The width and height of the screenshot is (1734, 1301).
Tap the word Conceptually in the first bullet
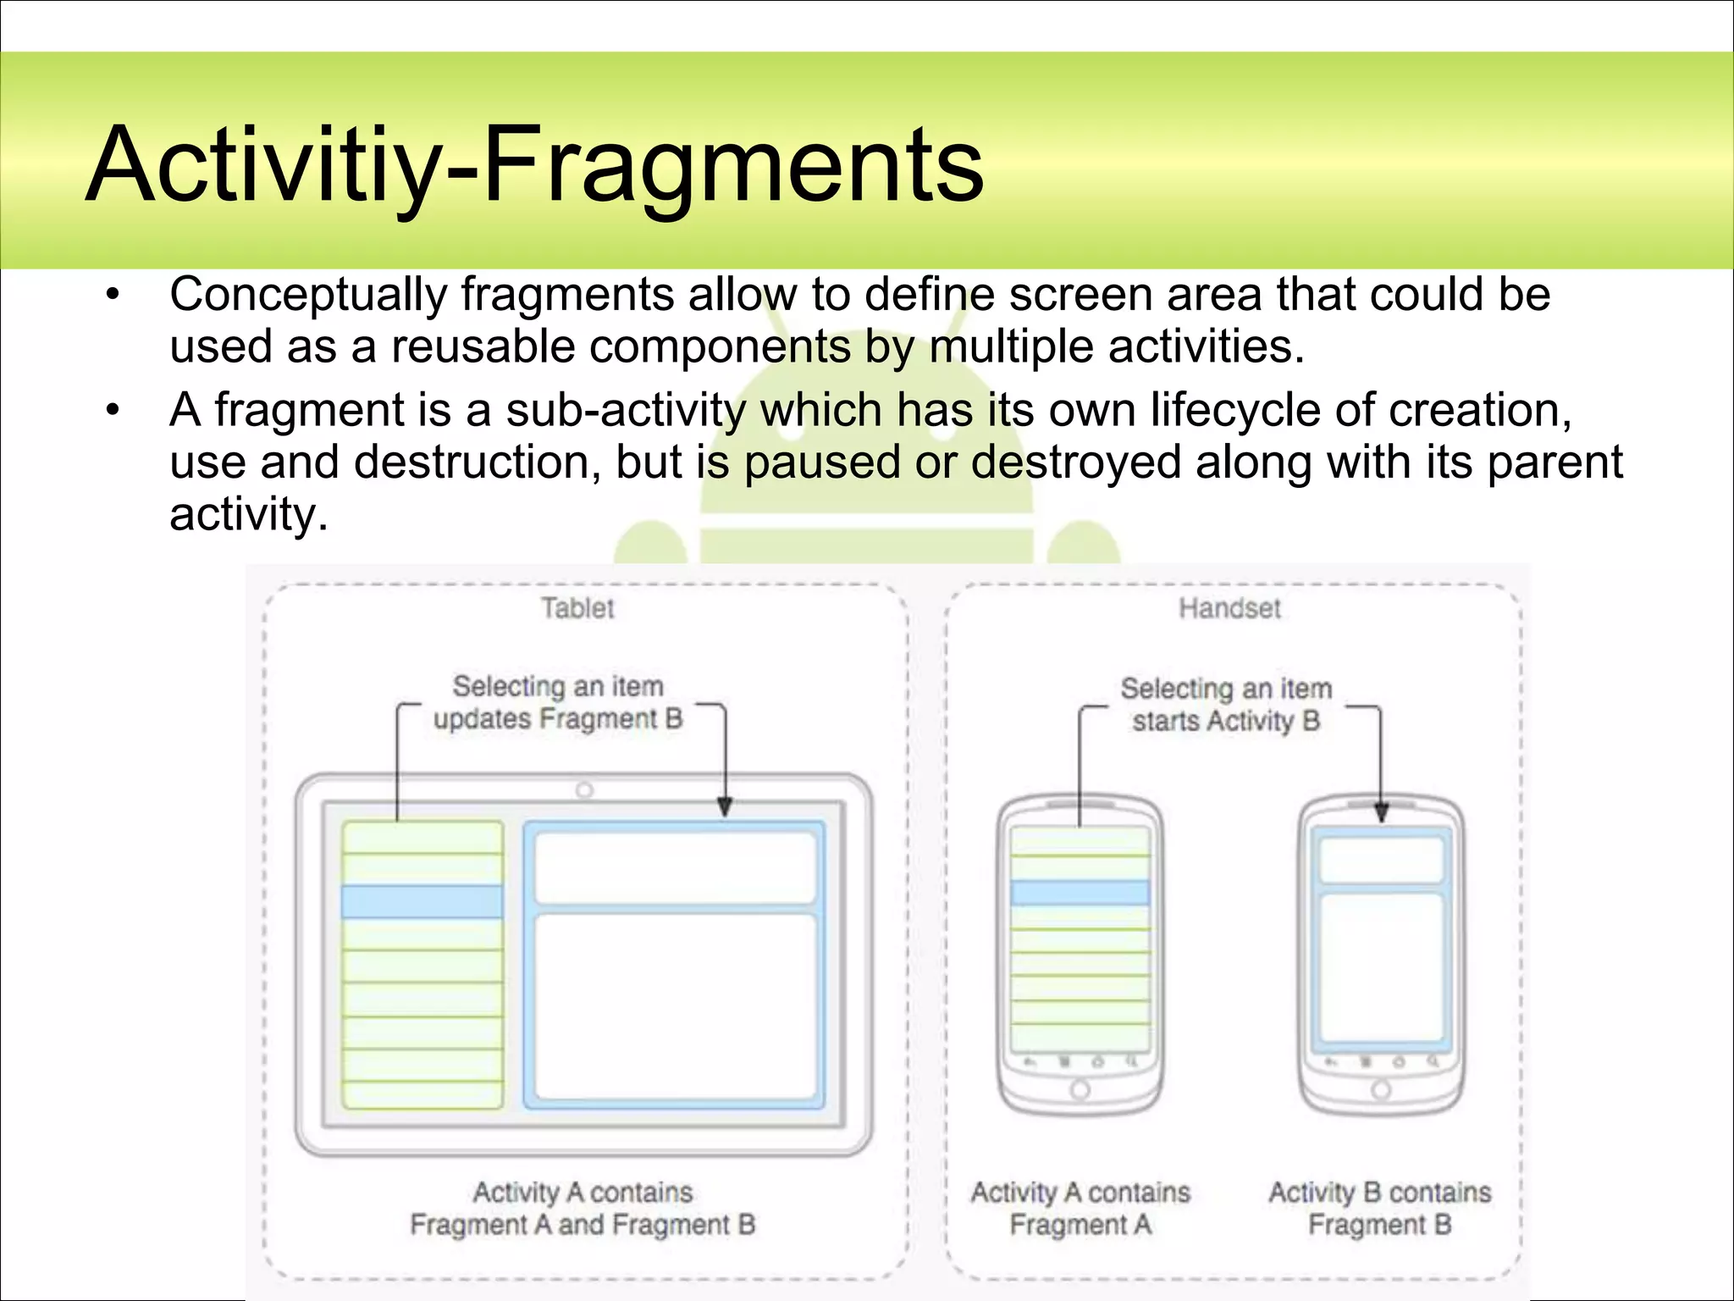click(x=308, y=295)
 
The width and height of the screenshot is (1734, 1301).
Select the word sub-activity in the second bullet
click(x=626, y=410)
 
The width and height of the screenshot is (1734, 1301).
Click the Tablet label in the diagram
click(x=577, y=608)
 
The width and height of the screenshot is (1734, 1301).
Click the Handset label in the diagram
click(x=1229, y=608)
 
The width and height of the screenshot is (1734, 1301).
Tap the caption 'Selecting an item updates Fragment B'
click(x=558, y=702)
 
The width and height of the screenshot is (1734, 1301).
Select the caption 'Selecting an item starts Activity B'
click(x=1226, y=705)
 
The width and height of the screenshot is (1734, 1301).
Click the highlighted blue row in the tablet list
click(x=422, y=901)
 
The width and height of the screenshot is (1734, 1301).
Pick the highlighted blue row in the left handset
click(x=1080, y=893)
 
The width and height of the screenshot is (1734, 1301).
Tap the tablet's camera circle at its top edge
click(x=584, y=790)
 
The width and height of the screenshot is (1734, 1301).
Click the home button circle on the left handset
click(x=1080, y=1090)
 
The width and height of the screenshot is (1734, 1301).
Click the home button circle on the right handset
click(x=1381, y=1089)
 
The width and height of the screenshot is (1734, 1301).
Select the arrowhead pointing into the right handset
click(x=1381, y=813)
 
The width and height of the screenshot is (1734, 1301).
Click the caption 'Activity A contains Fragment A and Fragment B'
click(x=583, y=1209)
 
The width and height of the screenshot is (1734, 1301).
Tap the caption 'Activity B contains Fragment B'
click(x=1379, y=1209)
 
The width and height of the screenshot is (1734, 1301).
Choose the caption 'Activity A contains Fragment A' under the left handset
click(x=1080, y=1209)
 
